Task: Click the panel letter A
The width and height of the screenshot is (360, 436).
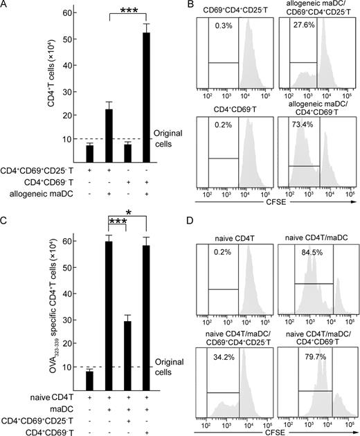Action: click(6, 7)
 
